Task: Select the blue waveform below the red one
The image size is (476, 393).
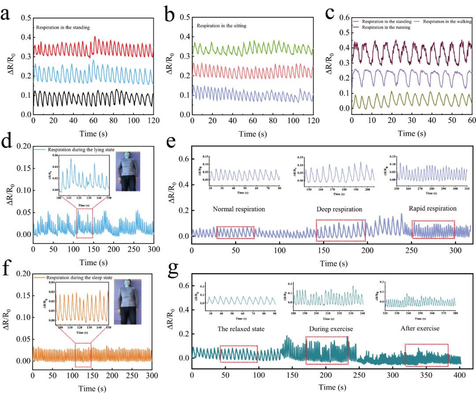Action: [x=93, y=73]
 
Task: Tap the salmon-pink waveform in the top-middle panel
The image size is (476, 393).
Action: [x=253, y=70]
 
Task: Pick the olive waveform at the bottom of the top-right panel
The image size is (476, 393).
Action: [x=409, y=100]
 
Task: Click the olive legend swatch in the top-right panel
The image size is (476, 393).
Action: [x=356, y=21]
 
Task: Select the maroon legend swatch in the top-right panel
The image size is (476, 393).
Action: [x=356, y=27]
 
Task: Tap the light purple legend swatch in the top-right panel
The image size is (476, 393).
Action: [x=416, y=21]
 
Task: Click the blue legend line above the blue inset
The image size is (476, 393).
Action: [x=40, y=149]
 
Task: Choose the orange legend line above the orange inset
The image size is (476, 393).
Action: [x=40, y=277]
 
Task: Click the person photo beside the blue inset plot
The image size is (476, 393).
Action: [x=128, y=171]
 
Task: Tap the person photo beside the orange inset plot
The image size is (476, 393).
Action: [x=128, y=302]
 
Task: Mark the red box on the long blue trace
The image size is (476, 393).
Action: [x=84, y=223]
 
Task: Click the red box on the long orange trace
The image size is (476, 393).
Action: [x=83, y=355]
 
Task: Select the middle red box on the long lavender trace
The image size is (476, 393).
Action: [x=340, y=230]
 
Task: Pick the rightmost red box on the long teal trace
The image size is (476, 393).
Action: [x=427, y=355]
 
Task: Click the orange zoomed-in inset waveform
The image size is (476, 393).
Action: [x=82, y=305]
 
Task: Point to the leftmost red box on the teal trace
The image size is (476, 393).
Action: [x=239, y=354]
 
